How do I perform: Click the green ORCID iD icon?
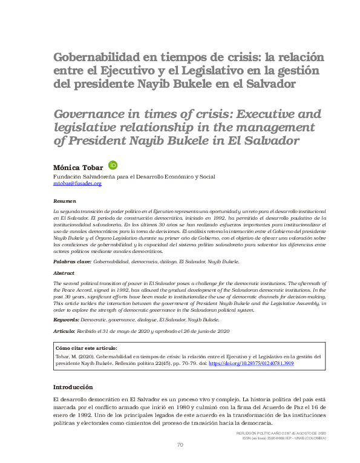[113, 165]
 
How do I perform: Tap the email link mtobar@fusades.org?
[77, 183]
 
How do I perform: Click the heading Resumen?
[65, 200]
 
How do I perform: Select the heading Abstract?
[64, 273]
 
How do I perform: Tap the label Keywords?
[66, 319]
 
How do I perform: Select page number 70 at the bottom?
[180, 445]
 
